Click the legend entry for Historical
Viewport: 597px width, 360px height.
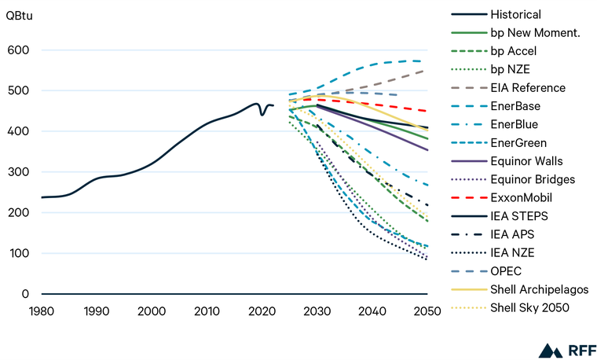pyautogui.click(x=515, y=14)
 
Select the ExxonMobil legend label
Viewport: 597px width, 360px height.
pyautogui.click(x=521, y=197)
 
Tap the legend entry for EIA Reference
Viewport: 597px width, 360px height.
pyautogui.click(x=527, y=87)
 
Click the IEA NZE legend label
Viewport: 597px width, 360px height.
pyautogui.click(x=511, y=252)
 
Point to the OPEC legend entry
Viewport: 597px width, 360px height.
pyautogui.click(x=506, y=270)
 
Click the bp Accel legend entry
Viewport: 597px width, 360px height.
pyautogui.click(x=514, y=50)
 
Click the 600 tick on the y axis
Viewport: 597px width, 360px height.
pyautogui.click(x=18, y=50)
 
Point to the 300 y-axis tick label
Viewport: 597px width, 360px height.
pyautogui.click(x=18, y=172)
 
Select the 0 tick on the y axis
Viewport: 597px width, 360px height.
pyautogui.click(x=25, y=294)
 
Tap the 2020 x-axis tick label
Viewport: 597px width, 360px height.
pyautogui.click(x=262, y=310)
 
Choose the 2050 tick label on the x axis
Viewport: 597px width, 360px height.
pyautogui.click(x=427, y=310)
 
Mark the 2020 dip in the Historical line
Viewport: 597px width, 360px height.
pyautogui.click(x=262, y=115)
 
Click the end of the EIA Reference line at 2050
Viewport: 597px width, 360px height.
pyautogui.click(x=427, y=70)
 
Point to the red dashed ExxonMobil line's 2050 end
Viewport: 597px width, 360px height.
pyautogui.click(x=427, y=111)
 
